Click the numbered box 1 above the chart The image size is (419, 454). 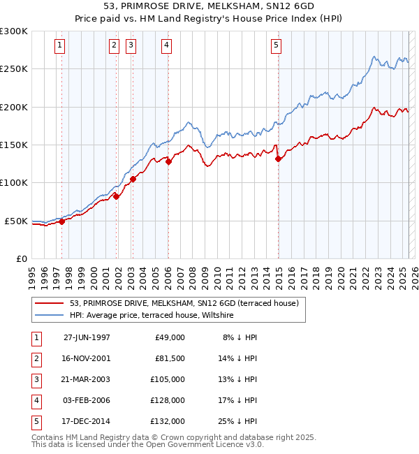pyautogui.click(x=61, y=46)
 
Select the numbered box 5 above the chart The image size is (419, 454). pyautogui.click(x=277, y=46)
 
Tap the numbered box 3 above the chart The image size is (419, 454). pyautogui.click(x=131, y=46)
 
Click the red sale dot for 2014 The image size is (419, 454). pyautogui.click(x=278, y=159)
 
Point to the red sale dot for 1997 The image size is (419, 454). pyautogui.click(x=61, y=221)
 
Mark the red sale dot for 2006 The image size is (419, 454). pyautogui.click(x=168, y=161)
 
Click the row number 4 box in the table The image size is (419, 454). pyautogui.click(x=35, y=401)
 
